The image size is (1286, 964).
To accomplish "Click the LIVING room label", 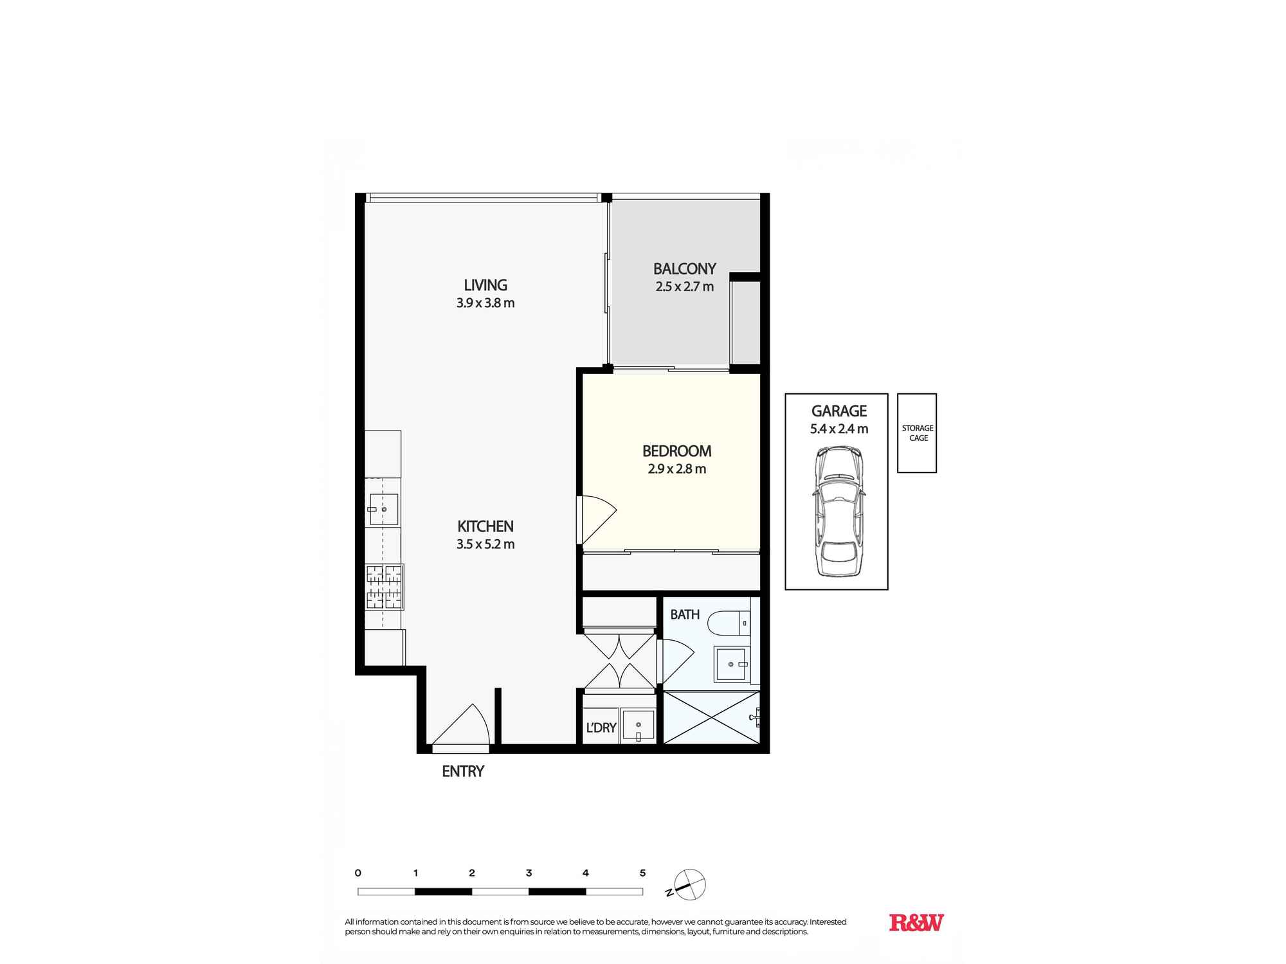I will click(485, 285).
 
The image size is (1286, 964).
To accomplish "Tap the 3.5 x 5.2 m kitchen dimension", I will click(485, 544).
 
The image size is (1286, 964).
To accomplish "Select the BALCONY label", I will click(684, 269).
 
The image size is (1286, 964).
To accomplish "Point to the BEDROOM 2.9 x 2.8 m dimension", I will click(676, 469).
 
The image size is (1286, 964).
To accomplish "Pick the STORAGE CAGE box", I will click(917, 433).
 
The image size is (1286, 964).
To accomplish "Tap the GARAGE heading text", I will click(838, 411).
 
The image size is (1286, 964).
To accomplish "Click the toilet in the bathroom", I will click(728, 622).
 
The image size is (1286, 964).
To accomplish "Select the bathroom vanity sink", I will click(732, 664).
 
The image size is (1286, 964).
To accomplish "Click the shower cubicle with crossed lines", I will click(711, 717).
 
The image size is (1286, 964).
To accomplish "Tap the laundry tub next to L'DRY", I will click(638, 726).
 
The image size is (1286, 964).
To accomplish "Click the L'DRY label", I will click(601, 727).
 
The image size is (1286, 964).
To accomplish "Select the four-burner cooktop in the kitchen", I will click(384, 587).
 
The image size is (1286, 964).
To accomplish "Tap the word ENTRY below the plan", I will click(463, 771).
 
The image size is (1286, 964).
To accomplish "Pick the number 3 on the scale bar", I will click(529, 873).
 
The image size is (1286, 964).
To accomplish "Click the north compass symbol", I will click(689, 885).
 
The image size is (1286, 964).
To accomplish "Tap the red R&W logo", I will click(916, 923).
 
